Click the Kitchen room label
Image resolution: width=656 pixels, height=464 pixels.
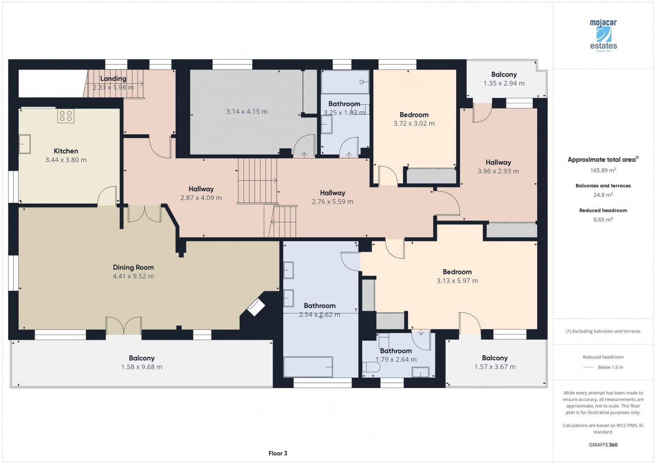[x=66, y=151]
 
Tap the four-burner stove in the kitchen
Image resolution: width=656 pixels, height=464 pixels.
[x=66, y=116]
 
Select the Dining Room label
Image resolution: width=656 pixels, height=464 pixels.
[x=133, y=267]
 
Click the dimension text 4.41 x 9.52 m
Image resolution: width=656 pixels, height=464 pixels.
[x=133, y=276]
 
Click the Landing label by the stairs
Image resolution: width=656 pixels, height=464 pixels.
[x=113, y=78]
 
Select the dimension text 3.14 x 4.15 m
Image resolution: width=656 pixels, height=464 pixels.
[x=246, y=112]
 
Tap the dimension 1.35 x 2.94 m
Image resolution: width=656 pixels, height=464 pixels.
[x=504, y=83]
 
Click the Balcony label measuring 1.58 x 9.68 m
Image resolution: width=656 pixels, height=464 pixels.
[x=141, y=358]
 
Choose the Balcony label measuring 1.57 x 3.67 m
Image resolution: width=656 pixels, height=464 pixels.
[x=494, y=358]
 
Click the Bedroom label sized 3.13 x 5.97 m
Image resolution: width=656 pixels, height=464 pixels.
[x=457, y=272]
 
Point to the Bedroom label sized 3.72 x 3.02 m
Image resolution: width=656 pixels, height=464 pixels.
[x=414, y=114]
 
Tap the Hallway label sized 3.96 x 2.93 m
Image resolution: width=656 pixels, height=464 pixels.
[x=498, y=162]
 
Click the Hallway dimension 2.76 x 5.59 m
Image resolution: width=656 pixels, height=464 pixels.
[x=332, y=202]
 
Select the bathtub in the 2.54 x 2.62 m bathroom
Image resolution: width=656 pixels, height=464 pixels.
[x=308, y=366]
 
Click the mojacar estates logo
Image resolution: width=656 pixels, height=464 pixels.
[x=603, y=35]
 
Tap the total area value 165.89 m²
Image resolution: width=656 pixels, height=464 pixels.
[x=603, y=170]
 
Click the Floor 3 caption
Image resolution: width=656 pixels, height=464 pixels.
[x=278, y=453]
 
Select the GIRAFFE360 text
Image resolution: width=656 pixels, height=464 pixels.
[x=603, y=445]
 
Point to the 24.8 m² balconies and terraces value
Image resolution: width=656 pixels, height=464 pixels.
[x=603, y=195]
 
